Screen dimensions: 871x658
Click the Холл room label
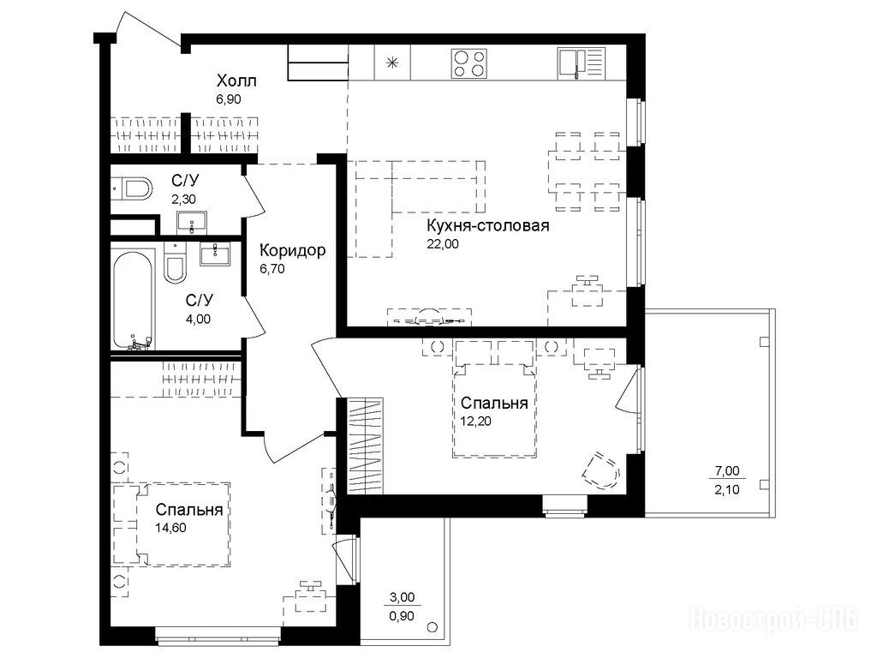(236, 81)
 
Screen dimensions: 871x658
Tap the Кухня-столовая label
(487, 225)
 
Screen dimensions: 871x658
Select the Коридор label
(293, 251)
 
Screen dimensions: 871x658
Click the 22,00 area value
(443, 243)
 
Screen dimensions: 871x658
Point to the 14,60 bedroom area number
(171, 528)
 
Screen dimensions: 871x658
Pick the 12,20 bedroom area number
(476, 421)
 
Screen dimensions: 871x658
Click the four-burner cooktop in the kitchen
(469, 63)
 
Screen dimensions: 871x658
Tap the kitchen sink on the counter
(581, 63)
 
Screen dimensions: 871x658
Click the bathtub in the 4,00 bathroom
(134, 300)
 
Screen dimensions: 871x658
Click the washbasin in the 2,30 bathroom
(192, 222)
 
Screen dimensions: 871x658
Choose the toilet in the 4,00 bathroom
(176, 263)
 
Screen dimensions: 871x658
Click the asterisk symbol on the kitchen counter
(392, 63)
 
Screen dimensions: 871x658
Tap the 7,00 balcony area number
(727, 471)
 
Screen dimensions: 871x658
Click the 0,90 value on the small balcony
(402, 616)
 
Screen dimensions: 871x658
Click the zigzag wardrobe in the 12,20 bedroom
(365, 446)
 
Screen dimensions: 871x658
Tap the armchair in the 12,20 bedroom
(601, 470)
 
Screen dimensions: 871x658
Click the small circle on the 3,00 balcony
(433, 627)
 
